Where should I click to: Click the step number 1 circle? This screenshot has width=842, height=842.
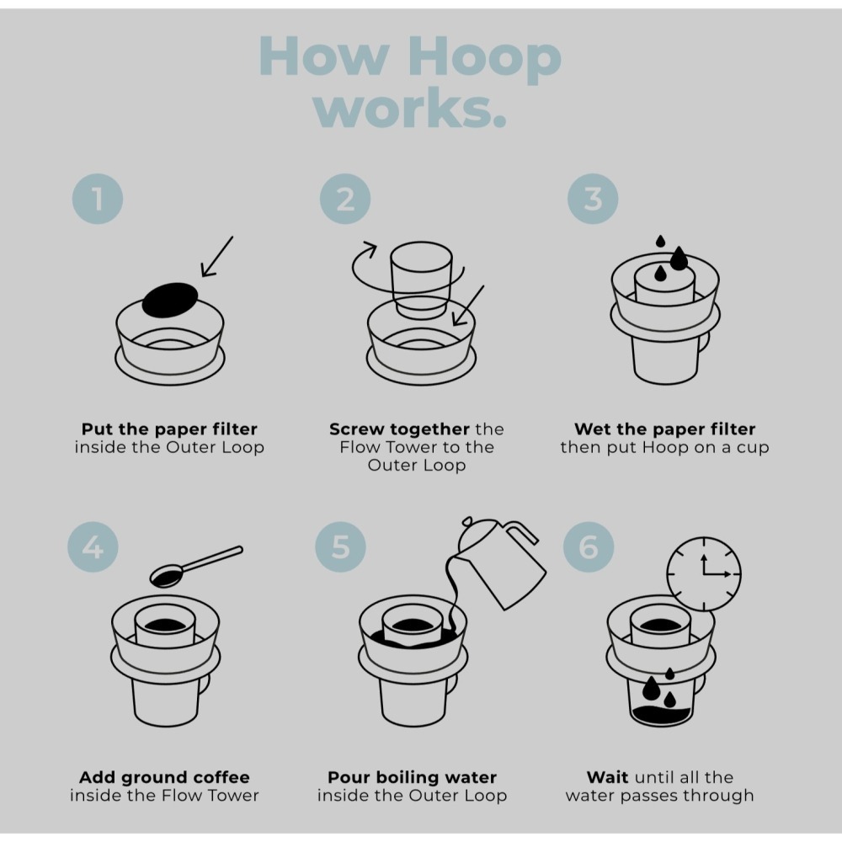(98, 199)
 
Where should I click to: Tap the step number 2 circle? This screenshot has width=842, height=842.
(345, 199)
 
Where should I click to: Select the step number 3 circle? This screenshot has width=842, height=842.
(593, 199)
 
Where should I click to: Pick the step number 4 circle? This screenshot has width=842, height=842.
(93, 547)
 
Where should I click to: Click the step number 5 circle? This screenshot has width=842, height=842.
(341, 547)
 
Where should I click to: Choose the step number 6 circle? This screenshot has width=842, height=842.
(589, 547)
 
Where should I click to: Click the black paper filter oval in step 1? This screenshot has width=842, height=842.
(169, 299)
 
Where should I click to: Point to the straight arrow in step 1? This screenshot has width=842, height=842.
(216, 256)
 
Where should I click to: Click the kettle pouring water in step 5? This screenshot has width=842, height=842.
(505, 560)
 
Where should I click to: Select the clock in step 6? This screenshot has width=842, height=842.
(704, 574)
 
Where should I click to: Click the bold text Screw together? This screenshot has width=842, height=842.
(399, 429)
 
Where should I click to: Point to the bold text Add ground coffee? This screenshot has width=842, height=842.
(164, 777)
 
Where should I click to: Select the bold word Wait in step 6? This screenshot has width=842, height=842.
(608, 777)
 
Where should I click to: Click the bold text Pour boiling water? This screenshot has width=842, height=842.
(412, 777)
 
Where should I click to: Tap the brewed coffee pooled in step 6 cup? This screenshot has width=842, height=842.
(661, 715)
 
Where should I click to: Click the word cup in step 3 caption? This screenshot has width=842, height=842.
(751, 447)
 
